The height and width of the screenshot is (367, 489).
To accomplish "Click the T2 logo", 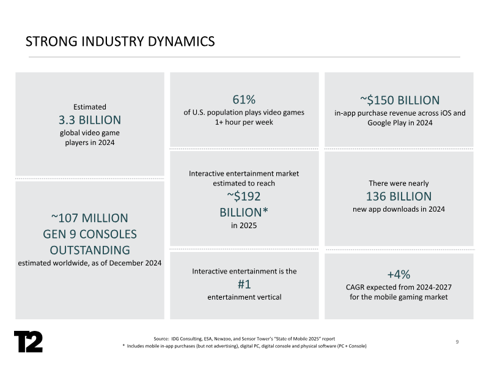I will point(28,341).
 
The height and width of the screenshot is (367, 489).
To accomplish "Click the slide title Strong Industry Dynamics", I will point(120,41).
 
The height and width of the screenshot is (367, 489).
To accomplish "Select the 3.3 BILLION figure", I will point(90,119).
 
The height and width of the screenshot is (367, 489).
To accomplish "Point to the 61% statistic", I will point(243,100).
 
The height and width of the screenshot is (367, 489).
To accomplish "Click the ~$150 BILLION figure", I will point(400,100).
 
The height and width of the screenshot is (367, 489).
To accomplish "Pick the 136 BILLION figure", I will point(399,196).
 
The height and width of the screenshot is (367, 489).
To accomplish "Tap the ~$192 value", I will point(244,196).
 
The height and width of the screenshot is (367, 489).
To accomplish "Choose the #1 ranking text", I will point(243,284).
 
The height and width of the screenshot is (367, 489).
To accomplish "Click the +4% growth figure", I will point(400,273).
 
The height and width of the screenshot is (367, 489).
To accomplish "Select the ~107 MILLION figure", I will point(90,218).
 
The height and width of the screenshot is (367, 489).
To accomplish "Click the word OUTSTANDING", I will point(90,250).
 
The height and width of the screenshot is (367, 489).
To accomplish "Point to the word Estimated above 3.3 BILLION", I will point(90,106).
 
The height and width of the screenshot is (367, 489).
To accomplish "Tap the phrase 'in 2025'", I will point(244,226).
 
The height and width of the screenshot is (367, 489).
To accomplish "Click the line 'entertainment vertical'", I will point(244,297).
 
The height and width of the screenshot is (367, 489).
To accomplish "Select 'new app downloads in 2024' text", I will point(399,209).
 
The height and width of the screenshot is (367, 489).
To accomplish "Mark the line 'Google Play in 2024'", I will point(400,122).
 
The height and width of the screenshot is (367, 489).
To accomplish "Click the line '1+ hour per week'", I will point(244,122).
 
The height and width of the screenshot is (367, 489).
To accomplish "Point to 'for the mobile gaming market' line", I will point(400,297).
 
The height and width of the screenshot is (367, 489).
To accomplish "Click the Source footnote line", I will point(244,338).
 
